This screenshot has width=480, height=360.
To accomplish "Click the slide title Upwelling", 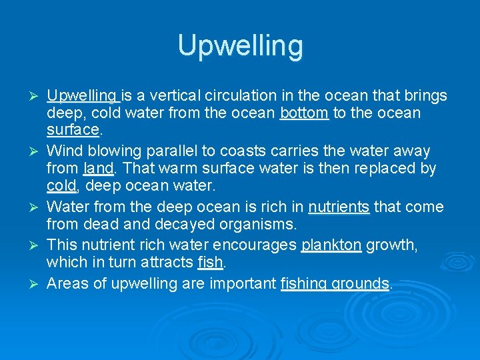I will (x=240, y=46).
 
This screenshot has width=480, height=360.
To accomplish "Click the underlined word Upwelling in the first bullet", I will (x=82, y=96).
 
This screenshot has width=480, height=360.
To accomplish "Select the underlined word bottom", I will (x=304, y=113).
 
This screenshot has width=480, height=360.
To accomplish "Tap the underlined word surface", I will (x=73, y=129).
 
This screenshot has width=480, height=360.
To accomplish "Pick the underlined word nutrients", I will (x=339, y=207).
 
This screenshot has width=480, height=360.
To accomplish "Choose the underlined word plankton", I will (x=331, y=245).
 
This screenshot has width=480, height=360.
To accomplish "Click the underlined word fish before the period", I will (x=210, y=263).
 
